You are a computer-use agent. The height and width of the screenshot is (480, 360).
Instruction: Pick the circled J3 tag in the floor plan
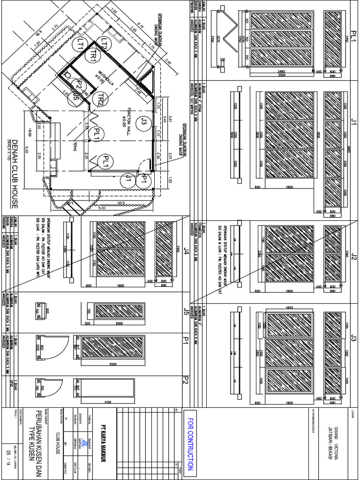142,124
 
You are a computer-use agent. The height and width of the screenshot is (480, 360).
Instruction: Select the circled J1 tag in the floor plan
126,178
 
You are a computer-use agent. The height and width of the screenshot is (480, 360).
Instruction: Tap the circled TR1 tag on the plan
93,55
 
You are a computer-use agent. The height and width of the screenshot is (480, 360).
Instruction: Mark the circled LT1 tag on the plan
80,44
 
